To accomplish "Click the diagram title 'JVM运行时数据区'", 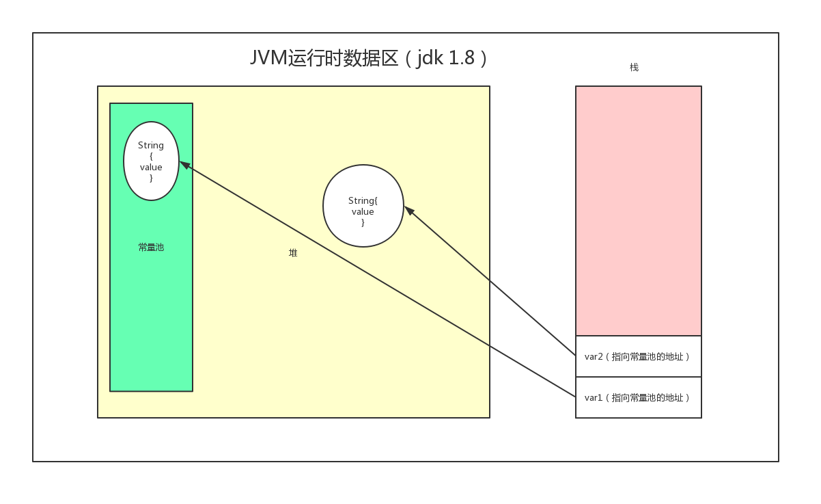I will [x=324, y=58].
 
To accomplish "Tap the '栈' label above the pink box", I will [x=634, y=67].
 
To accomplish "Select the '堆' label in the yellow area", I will [x=293, y=253].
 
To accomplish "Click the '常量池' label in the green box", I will [x=151, y=248].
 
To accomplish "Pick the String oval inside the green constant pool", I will [x=151, y=161].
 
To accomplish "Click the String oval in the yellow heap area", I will [x=363, y=206].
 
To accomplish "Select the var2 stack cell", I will [x=638, y=356].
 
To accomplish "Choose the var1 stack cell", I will [x=638, y=397].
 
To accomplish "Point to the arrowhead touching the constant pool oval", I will [x=184, y=165].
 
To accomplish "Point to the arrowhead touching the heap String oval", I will [x=409, y=211].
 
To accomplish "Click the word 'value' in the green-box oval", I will [x=151, y=168].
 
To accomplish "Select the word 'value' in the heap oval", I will [x=363, y=212].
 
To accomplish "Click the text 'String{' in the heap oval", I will [x=363, y=200].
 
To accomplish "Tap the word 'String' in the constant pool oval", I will [x=151, y=146].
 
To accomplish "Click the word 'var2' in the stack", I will [x=592, y=357].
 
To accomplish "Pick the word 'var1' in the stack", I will [x=592, y=398].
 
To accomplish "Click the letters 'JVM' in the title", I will [x=268, y=58].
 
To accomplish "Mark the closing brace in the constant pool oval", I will [x=151, y=178].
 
